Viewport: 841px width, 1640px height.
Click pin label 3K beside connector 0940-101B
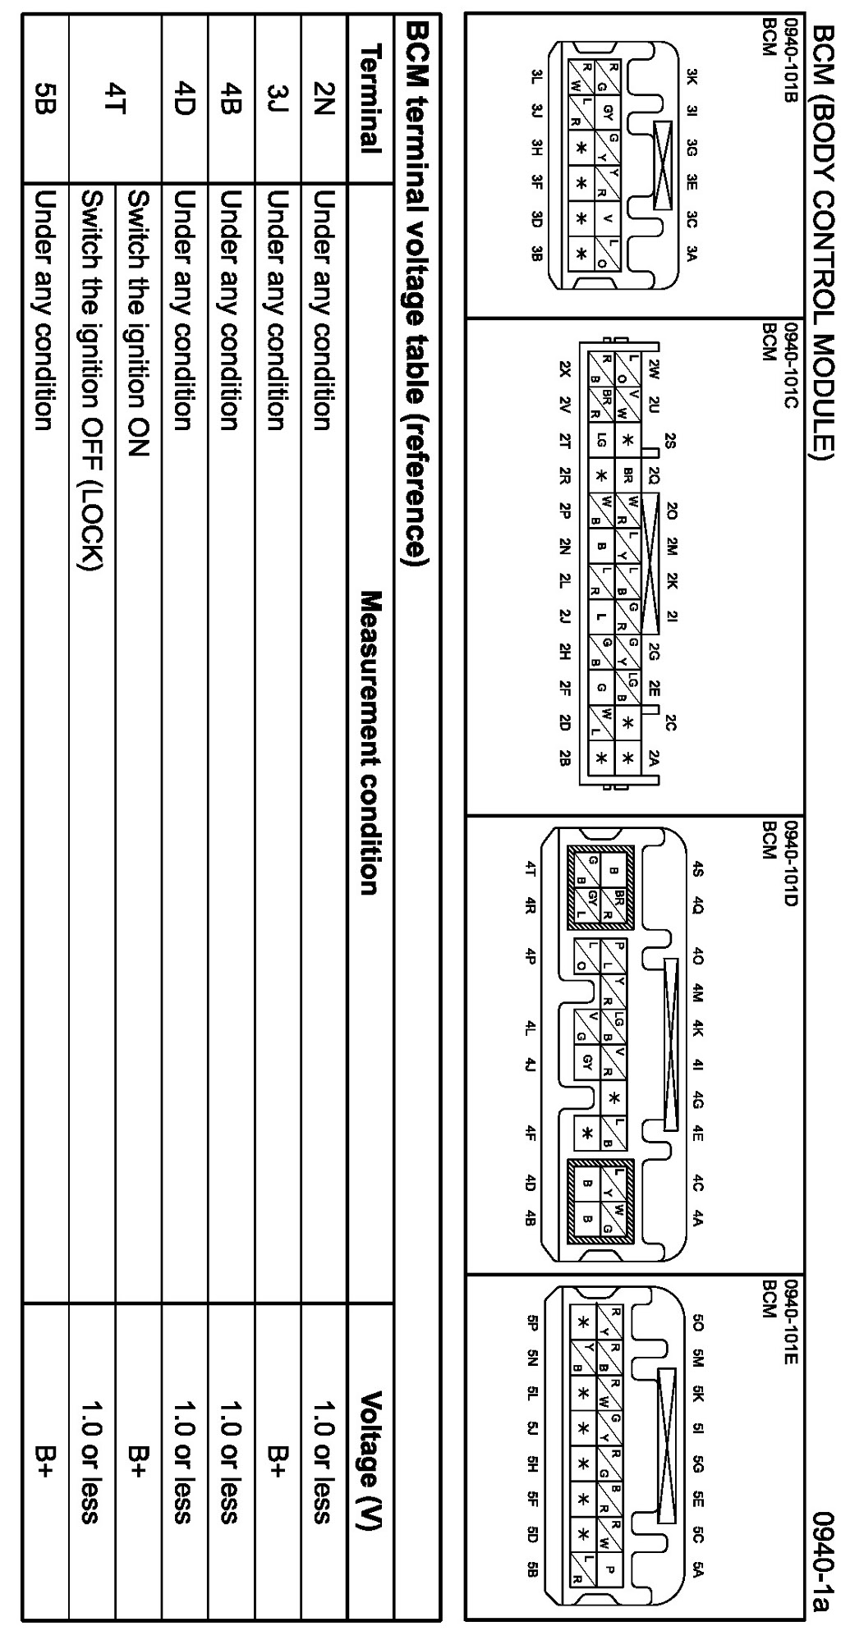[692, 79]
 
